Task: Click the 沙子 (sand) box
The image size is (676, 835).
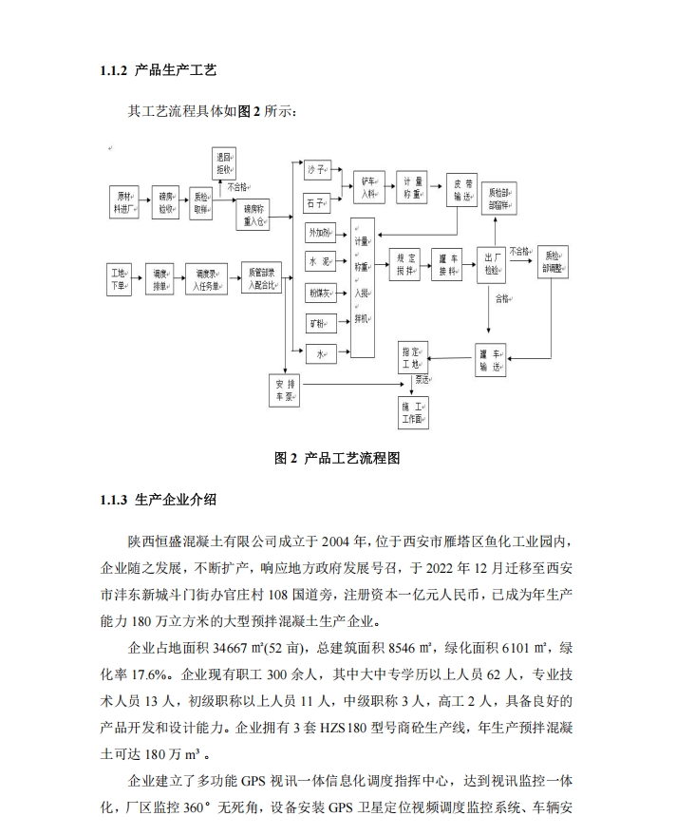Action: click(x=316, y=170)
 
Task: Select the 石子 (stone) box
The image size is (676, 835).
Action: click(x=316, y=201)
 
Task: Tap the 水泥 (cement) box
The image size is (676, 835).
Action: click(x=318, y=260)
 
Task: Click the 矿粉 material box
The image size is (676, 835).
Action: click(x=318, y=324)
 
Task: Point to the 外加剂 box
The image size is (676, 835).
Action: click(x=318, y=232)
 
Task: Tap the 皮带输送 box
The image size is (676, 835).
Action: click(x=462, y=189)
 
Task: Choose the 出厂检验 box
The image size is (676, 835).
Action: click(x=492, y=263)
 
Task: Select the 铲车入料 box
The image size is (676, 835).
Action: click(x=368, y=188)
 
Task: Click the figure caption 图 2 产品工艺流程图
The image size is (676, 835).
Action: click(x=337, y=458)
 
